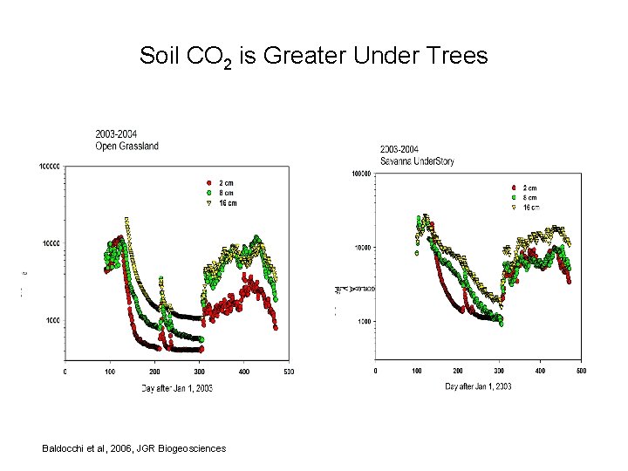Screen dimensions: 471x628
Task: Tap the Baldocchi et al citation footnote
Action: click(133, 448)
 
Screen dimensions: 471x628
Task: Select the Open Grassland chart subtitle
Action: click(127, 146)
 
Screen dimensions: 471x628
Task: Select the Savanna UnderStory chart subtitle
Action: click(417, 161)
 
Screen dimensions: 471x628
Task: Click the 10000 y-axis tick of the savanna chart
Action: click(362, 248)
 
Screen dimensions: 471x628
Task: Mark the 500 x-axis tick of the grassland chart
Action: click(288, 372)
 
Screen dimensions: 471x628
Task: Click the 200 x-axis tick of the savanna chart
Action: click(458, 371)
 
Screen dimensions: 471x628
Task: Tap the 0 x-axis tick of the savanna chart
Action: click(376, 371)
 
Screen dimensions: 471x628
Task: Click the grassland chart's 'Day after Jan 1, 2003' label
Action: click(177, 387)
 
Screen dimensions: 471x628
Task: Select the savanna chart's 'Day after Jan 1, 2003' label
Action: click(478, 386)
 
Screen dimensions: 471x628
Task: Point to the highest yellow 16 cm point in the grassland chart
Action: click(127, 220)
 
